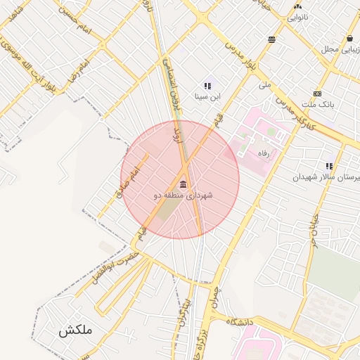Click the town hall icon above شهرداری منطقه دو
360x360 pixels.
(184, 184)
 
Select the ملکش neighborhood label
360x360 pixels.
(75, 330)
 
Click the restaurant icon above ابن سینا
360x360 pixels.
(207, 86)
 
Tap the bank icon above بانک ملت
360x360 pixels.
(318, 94)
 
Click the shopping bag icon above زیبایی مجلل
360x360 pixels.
(350, 38)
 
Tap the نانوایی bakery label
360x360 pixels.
(297, 16)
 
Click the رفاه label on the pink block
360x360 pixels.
(264, 153)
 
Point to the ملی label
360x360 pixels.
(264, 84)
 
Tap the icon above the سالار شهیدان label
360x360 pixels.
(328, 167)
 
